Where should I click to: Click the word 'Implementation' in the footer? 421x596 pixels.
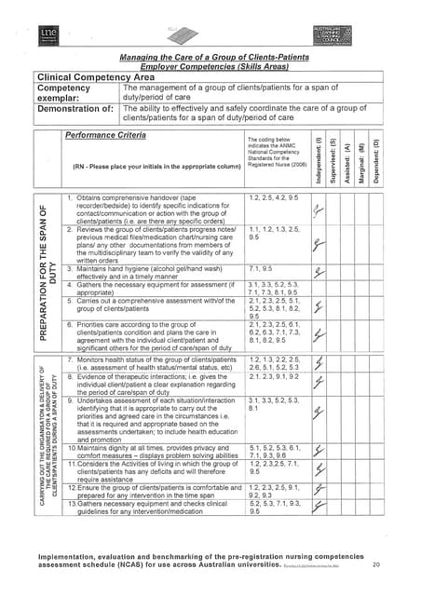[65, 555]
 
